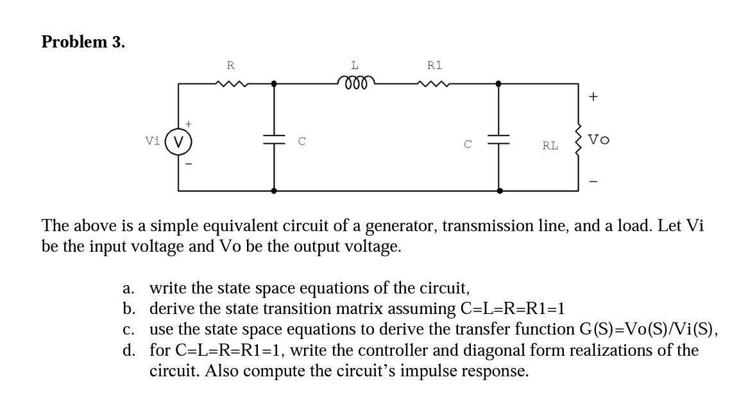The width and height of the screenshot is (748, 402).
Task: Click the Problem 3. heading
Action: pyautogui.click(x=83, y=42)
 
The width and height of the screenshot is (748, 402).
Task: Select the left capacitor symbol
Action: pyautogui.click(x=275, y=139)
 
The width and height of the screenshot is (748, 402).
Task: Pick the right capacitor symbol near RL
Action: pyautogui.click(x=498, y=139)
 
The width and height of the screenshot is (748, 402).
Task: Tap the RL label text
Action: pyautogui.click(x=550, y=146)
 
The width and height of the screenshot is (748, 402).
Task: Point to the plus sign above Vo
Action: pyautogui.click(x=593, y=98)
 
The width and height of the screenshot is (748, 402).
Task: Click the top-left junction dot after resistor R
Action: pyautogui.click(x=275, y=83)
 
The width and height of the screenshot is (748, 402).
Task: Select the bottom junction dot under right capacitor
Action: pyautogui.click(x=498, y=191)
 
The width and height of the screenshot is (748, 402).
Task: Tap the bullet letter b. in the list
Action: pyautogui.click(x=130, y=308)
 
